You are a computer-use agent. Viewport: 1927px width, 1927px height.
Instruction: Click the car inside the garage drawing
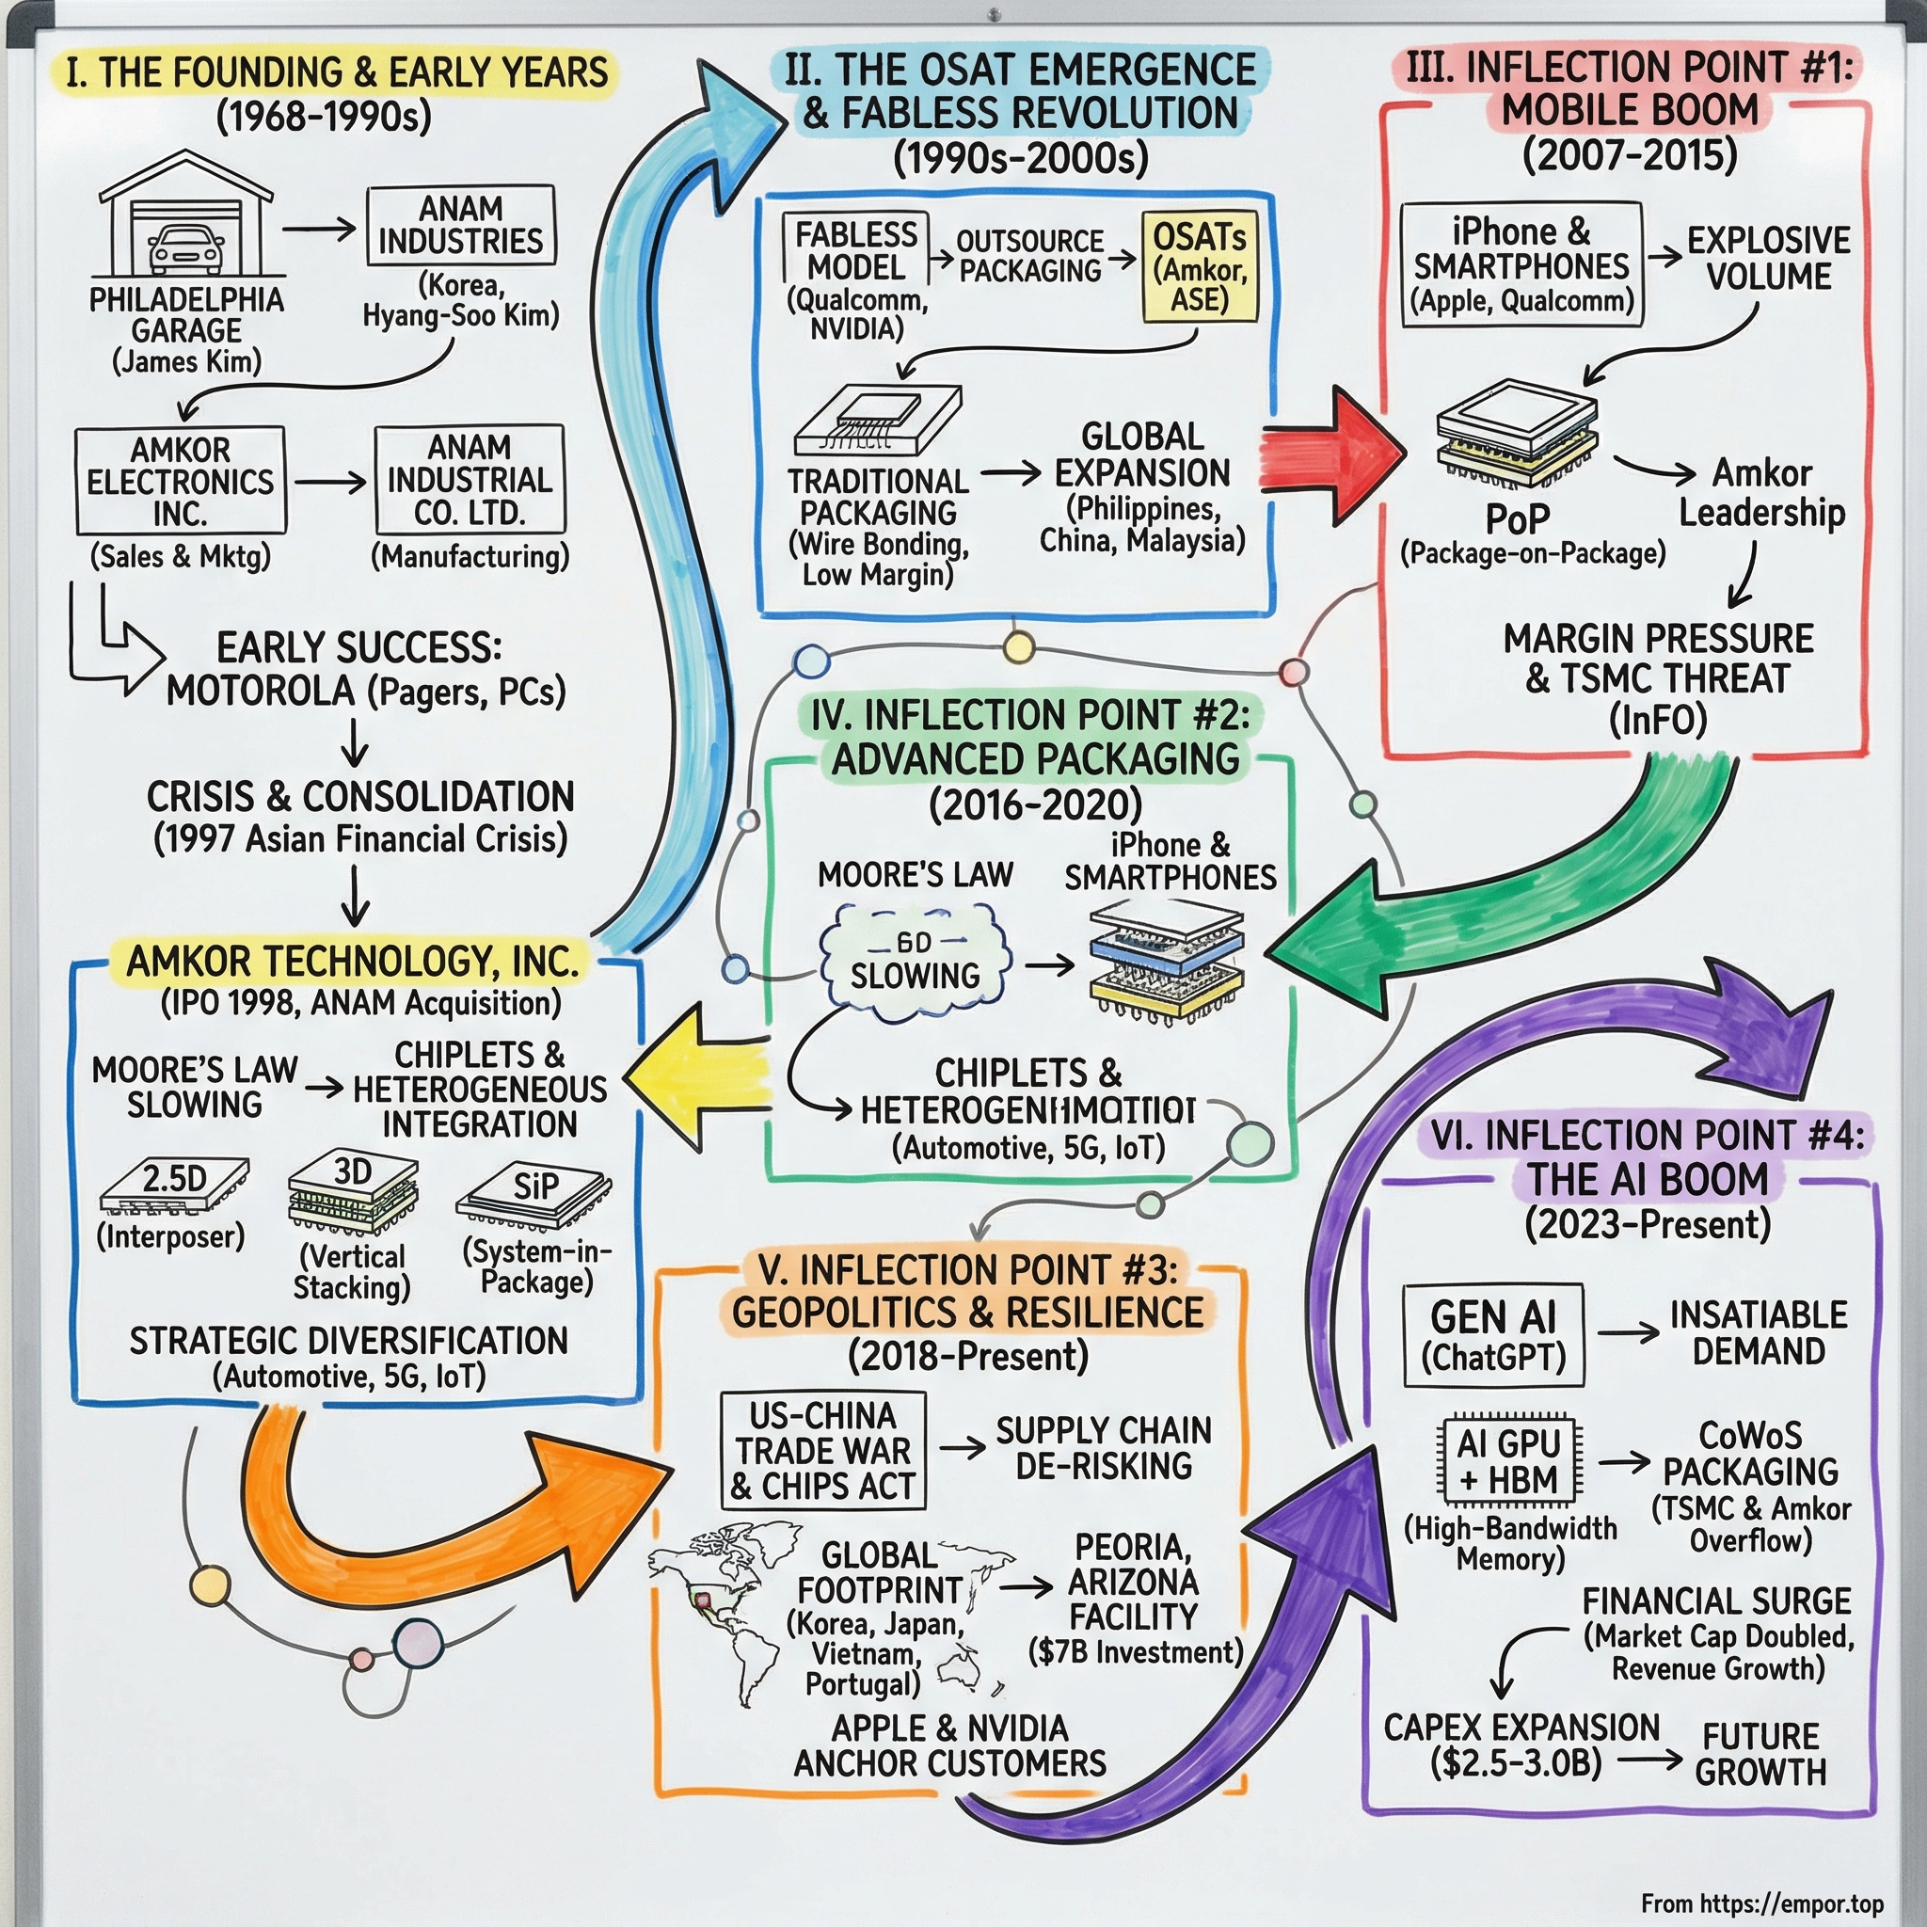tap(185, 249)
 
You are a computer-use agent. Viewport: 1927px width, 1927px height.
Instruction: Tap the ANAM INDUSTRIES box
tap(460, 226)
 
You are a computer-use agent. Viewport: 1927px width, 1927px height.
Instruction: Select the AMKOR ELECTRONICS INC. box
tap(181, 482)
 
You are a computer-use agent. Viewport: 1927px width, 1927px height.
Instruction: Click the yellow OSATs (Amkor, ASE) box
tap(1199, 267)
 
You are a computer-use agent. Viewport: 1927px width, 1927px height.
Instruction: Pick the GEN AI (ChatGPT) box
tap(1493, 1335)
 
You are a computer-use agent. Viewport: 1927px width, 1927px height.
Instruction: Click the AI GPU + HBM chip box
tap(1508, 1462)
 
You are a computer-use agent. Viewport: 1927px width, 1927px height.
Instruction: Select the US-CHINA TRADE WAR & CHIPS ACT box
tap(823, 1450)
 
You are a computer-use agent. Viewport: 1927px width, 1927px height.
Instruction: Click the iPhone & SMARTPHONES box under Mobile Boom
tap(1521, 265)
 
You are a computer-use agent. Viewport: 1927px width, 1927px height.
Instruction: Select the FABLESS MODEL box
tap(856, 251)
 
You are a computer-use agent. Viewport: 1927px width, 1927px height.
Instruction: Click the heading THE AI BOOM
tap(1648, 1179)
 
